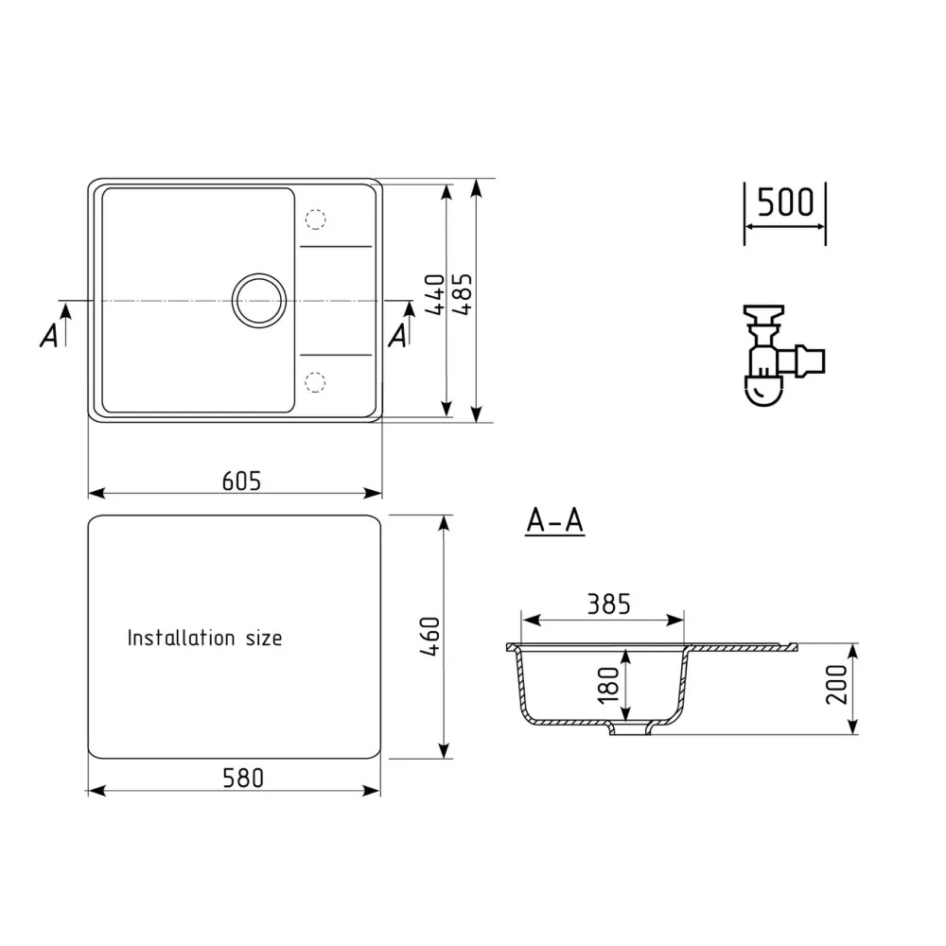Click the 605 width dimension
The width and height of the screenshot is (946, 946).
(x=240, y=481)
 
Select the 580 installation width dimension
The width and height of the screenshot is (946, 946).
(x=242, y=778)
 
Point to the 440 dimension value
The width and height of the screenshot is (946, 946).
(x=434, y=296)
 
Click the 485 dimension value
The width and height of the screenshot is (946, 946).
(x=462, y=296)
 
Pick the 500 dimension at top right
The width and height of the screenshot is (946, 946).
(x=785, y=202)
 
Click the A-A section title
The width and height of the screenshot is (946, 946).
(x=554, y=521)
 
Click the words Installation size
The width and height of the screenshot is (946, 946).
(x=204, y=639)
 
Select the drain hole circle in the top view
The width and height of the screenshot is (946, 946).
(x=258, y=301)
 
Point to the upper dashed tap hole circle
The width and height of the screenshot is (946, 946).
(x=315, y=219)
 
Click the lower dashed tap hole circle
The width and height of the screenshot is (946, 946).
(x=315, y=381)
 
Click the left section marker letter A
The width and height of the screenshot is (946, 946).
(x=48, y=335)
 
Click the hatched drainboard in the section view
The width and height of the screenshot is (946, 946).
(x=743, y=648)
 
